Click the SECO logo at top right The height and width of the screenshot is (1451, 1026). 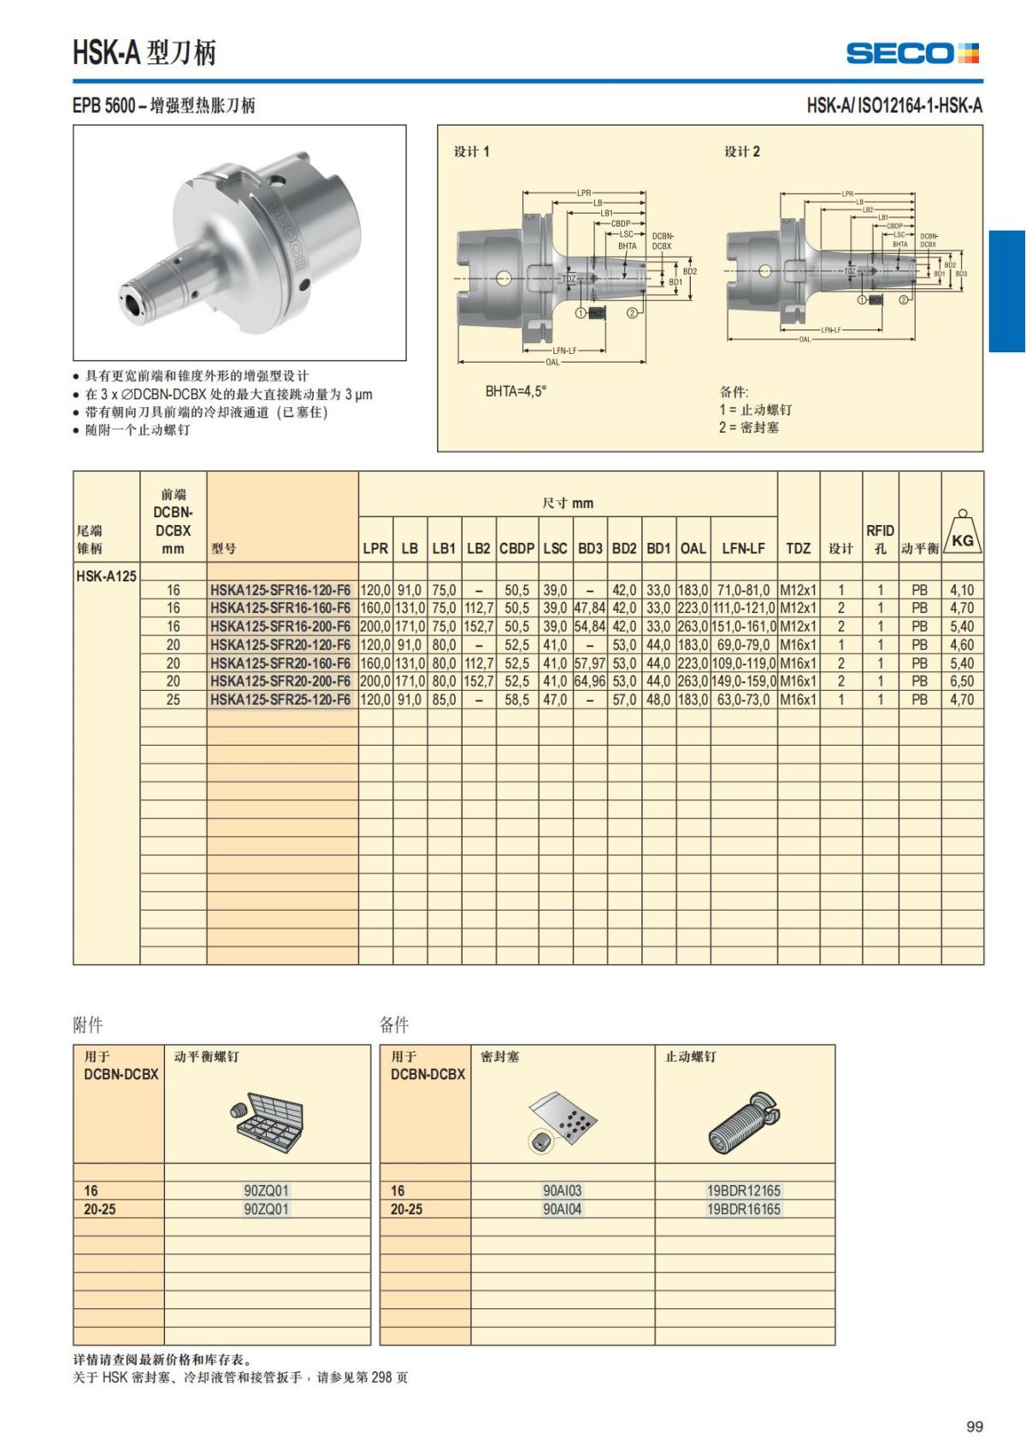click(912, 53)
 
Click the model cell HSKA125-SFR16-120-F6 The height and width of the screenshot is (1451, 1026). click(280, 590)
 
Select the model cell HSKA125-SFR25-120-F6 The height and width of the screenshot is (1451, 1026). click(280, 699)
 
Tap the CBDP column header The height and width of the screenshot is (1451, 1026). click(517, 548)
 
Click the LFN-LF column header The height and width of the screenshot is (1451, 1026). click(743, 548)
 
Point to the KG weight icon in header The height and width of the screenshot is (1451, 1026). click(963, 535)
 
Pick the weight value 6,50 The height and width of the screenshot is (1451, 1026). click(962, 681)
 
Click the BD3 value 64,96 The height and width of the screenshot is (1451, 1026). click(590, 681)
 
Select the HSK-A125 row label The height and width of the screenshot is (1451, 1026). click(106, 575)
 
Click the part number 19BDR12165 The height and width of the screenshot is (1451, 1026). click(743, 1190)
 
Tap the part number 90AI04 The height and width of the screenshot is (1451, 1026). click(562, 1209)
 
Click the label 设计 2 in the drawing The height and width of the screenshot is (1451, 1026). click(742, 151)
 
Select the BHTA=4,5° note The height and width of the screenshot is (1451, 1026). click(516, 392)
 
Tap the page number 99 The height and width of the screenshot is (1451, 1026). click(974, 1426)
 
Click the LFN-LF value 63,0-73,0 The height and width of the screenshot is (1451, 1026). click(743, 699)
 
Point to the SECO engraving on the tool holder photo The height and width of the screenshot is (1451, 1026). click(288, 233)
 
